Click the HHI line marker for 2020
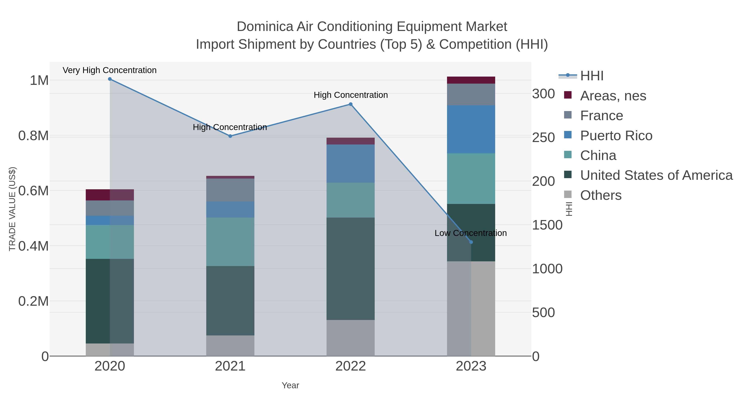[110, 79]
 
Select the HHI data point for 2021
[230, 136]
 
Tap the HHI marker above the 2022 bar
[351, 104]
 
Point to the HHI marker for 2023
[471, 242]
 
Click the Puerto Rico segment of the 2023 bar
[471, 129]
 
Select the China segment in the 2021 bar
[230, 242]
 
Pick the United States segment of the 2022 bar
[351, 269]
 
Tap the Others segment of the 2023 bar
[471, 309]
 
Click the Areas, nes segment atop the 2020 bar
[110, 195]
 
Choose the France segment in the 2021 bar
[230, 190]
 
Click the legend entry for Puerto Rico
[616, 136]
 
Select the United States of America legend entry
[656, 175]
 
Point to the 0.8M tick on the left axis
[33, 136]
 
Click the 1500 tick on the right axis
[547, 225]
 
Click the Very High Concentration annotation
[110, 70]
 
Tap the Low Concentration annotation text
[471, 233]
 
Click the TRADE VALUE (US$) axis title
[12, 209]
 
